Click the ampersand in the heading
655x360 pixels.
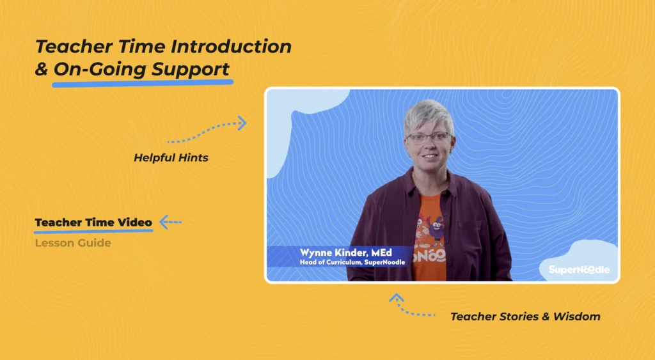[42, 69]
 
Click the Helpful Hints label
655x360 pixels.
[171, 158]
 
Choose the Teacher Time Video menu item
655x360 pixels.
[93, 222]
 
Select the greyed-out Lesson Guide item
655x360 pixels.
[73, 243]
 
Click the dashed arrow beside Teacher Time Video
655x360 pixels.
[170, 222]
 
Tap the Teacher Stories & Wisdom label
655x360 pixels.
[525, 317]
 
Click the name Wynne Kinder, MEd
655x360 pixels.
[346, 253]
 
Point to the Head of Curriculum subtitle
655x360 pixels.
[352, 262]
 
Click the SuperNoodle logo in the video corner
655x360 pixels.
[579, 270]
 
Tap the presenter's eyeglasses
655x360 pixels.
[429, 138]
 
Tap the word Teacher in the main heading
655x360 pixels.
[74, 46]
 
